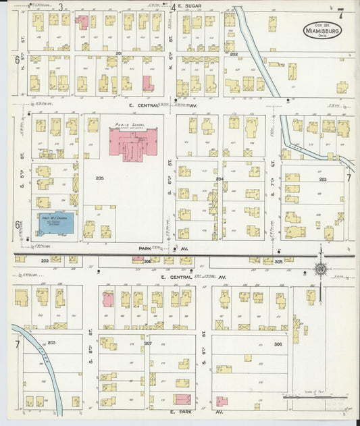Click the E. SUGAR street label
[193, 7]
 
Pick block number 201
[119, 53]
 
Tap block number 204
[220, 179]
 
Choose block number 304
[147, 261]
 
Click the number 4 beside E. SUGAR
[173, 7]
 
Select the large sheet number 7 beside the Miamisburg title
[340, 13]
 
